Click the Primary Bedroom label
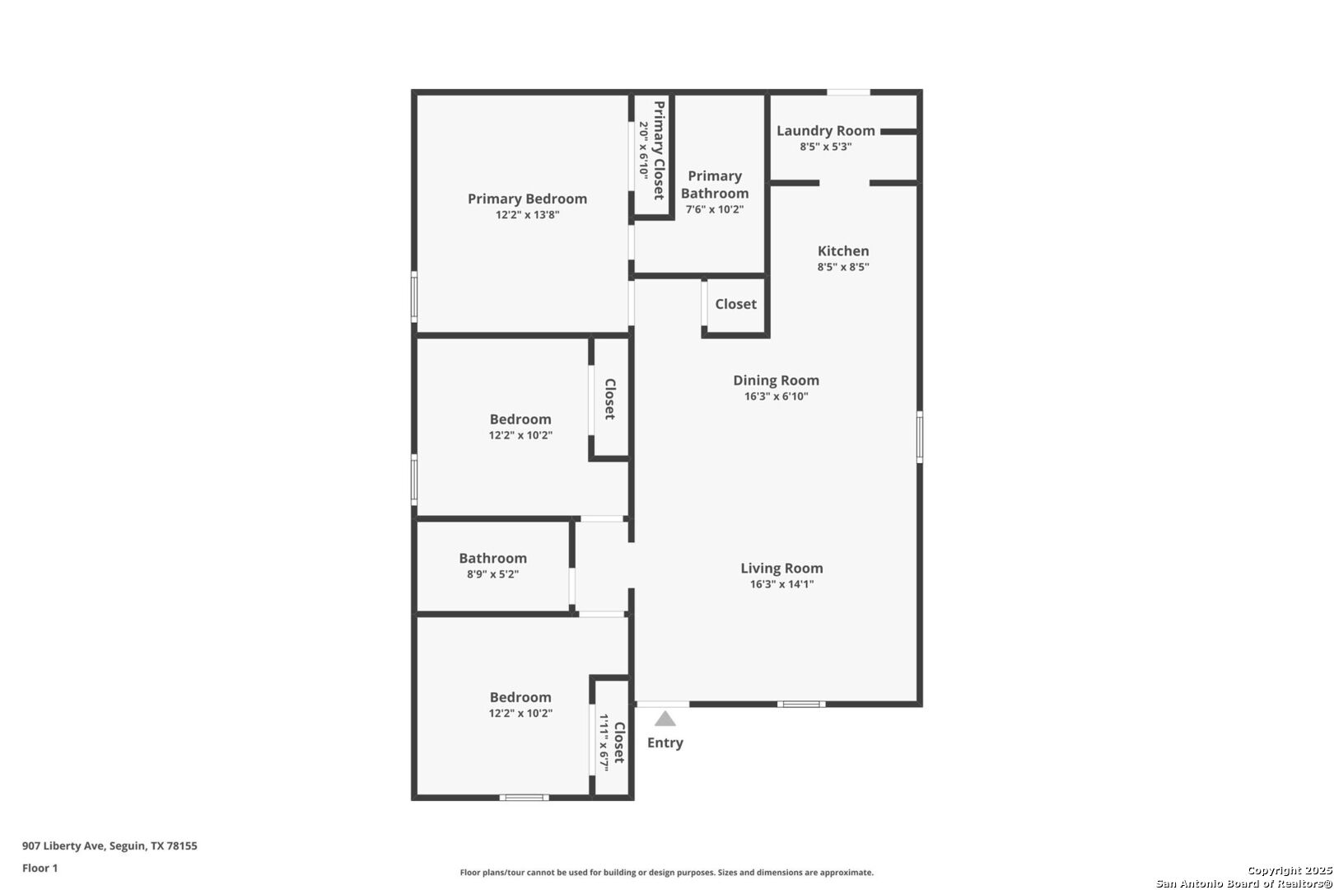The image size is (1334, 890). coord(527,199)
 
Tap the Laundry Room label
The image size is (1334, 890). coord(825,130)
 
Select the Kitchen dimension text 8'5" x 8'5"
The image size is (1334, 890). coord(843,267)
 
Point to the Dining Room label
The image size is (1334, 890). coord(776,380)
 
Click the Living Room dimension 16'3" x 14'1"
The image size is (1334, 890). coord(781,584)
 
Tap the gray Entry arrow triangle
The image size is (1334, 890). coord(665,719)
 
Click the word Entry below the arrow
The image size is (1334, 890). coord(665,742)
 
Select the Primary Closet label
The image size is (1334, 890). coord(659,150)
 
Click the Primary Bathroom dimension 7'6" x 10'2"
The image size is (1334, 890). coord(715,209)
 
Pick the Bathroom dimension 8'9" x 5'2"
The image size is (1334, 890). coord(492,574)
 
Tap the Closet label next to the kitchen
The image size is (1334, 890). coord(735,304)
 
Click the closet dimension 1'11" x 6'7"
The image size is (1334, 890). coord(604,742)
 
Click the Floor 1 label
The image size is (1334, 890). coord(40,868)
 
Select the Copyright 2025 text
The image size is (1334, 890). coord(1289,870)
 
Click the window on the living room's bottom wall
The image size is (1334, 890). coord(801,705)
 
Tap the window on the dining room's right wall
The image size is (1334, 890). coord(920,437)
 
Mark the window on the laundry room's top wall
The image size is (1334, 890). coord(848,92)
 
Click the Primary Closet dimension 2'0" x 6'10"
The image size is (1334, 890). coord(644,150)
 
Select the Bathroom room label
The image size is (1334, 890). coord(492,558)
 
